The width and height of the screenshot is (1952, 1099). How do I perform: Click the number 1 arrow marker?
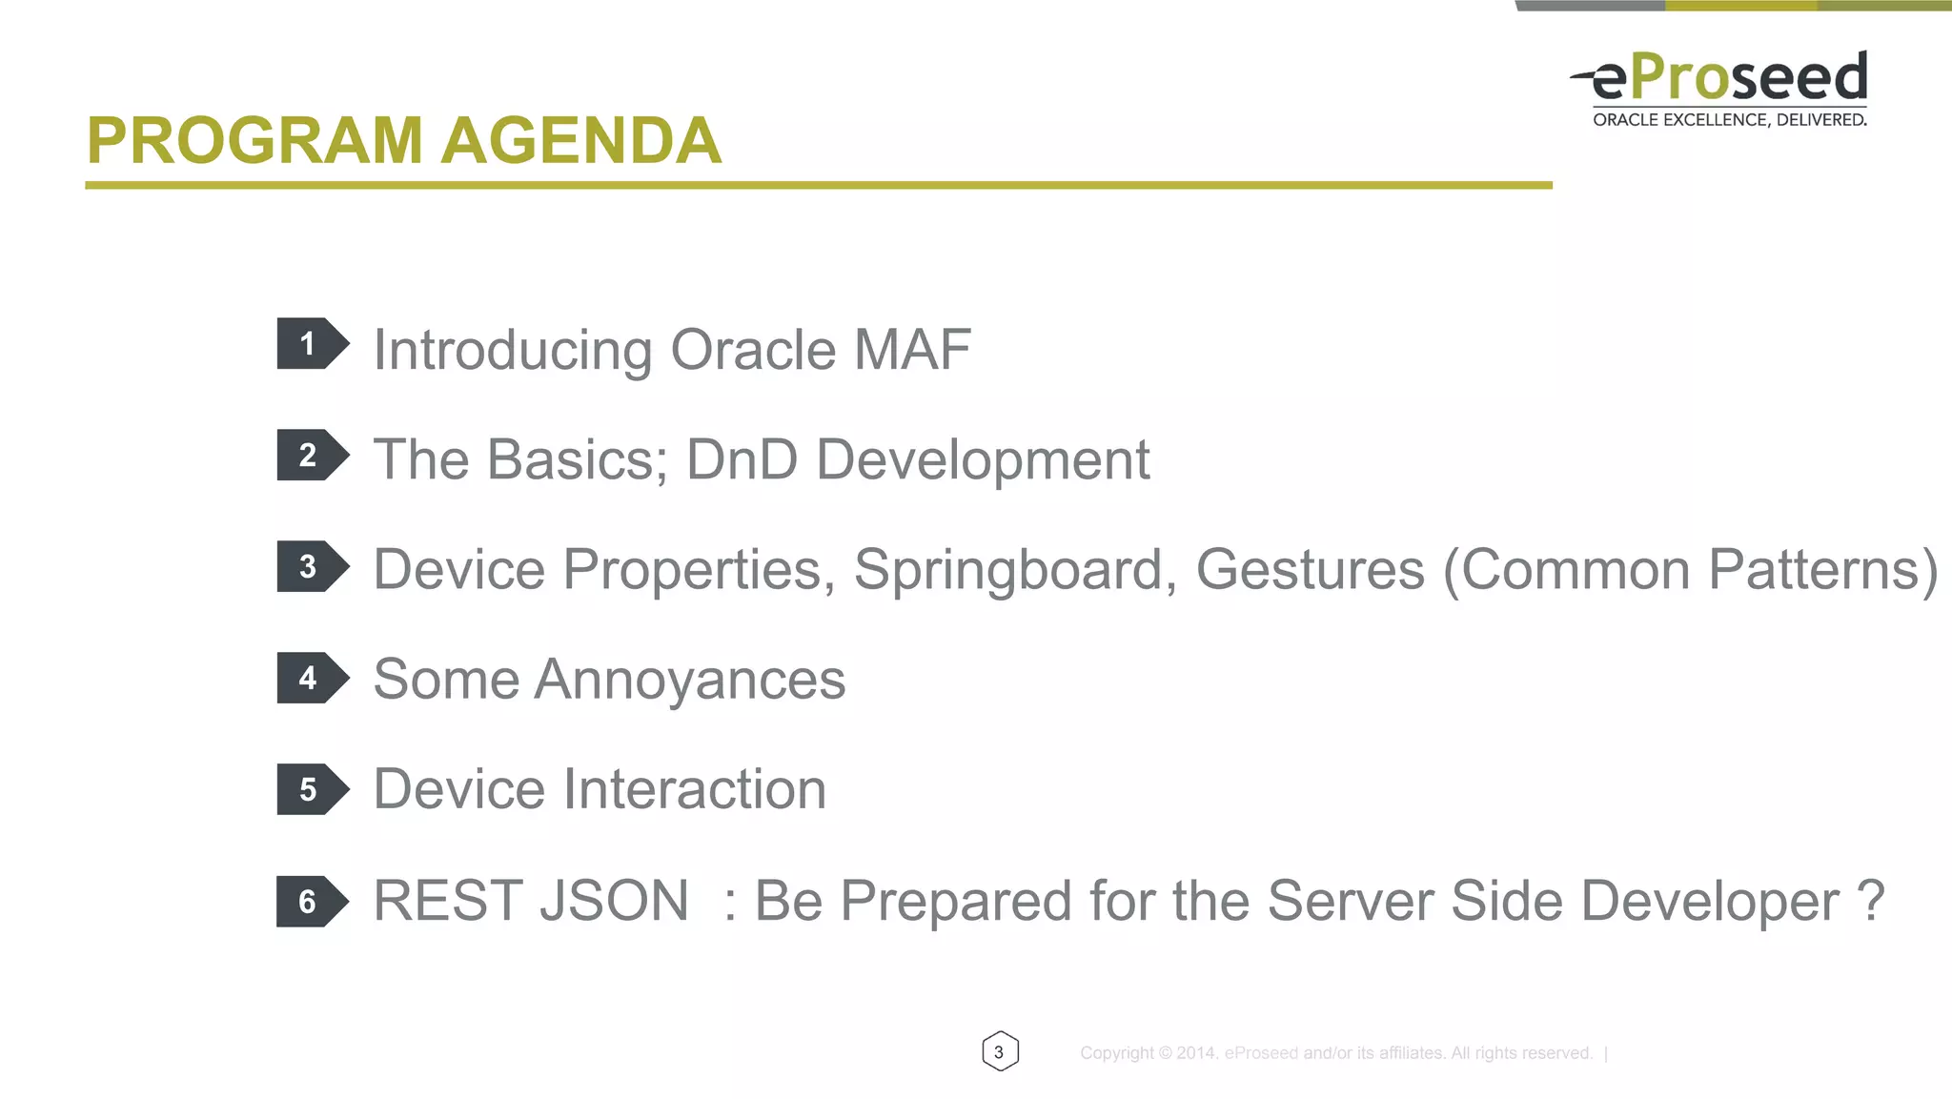312,343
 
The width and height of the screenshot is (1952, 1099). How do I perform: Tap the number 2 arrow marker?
312,455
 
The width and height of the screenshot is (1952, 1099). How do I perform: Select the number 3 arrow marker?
312,566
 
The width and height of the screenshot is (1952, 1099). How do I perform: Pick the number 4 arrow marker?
312,678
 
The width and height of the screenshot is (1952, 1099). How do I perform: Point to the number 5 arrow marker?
312,789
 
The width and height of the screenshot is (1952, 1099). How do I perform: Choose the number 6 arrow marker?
312,901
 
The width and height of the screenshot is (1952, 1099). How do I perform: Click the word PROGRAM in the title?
254,141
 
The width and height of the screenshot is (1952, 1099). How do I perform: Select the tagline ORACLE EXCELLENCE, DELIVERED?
1729,120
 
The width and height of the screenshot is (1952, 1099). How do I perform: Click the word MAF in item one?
912,350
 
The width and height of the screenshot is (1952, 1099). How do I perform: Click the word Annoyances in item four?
690,681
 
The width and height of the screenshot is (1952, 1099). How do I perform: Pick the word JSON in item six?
614,902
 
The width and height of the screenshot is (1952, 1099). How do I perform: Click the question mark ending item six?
1870,901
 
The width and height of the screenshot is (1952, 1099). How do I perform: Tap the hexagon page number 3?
1000,1051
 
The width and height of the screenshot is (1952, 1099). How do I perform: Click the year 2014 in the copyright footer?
1196,1053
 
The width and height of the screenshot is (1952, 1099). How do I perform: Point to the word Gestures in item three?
1310,570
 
